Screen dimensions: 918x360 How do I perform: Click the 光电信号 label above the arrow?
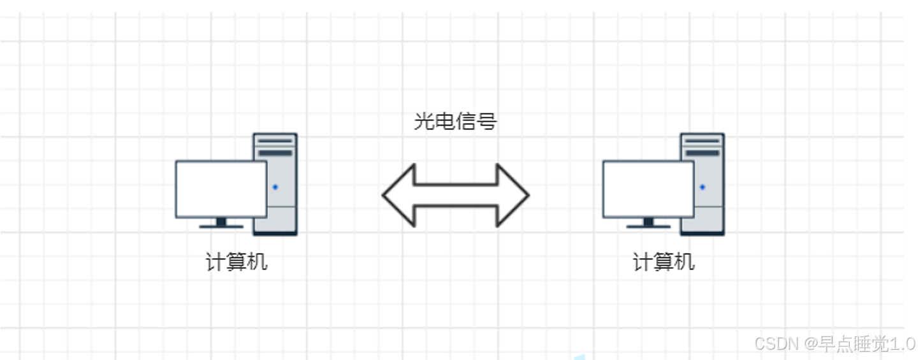pyautogui.click(x=455, y=121)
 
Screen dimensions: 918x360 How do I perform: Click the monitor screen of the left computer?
pyautogui.click(x=221, y=189)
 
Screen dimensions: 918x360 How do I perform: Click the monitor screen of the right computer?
pyautogui.click(x=648, y=189)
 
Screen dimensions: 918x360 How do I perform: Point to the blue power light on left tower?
pyautogui.click(x=275, y=187)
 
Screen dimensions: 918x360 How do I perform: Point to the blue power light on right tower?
pyautogui.click(x=702, y=187)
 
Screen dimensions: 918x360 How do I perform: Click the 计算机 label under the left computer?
pyautogui.click(x=237, y=262)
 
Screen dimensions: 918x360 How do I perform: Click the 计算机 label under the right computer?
pyautogui.click(x=664, y=262)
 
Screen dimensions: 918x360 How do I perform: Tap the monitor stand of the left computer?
pyautogui.click(x=221, y=223)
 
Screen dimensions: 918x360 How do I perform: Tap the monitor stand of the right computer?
pyautogui.click(x=648, y=223)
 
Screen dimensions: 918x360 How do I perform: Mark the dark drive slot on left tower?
pyautogui.click(x=275, y=153)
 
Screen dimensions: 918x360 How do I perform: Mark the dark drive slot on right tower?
pyautogui.click(x=702, y=153)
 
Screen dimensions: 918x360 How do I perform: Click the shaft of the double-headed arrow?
pyautogui.click(x=455, y=195)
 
